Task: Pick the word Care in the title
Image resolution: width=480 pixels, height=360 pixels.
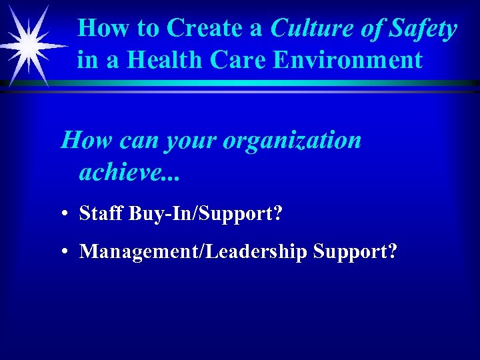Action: pos(232,60)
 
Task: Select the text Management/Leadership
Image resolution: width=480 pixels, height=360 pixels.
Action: pos(193,252)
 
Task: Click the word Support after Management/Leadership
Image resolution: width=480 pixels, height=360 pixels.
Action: pos(349,252)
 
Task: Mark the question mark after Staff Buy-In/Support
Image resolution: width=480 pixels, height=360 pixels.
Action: pos(277,214)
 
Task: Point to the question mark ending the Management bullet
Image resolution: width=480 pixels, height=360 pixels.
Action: pos(393,252)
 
